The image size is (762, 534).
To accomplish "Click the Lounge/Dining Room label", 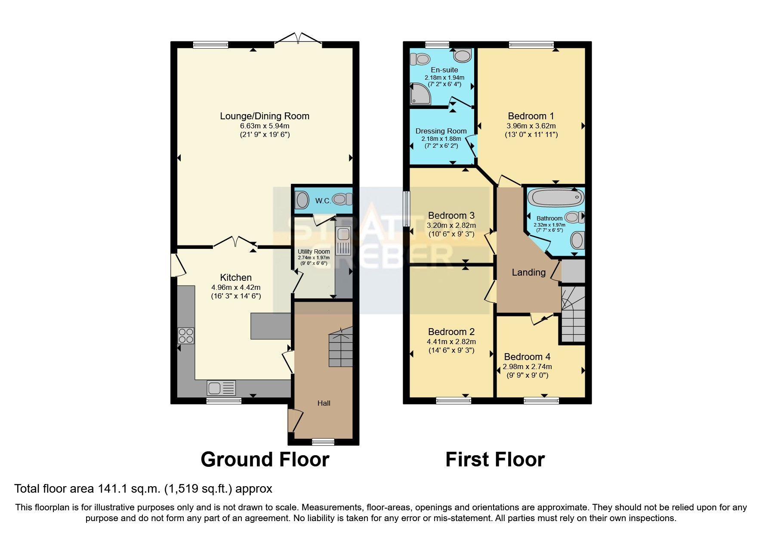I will point(265,116).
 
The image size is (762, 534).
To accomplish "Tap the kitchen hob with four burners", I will point(186,335).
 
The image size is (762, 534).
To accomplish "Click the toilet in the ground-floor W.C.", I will point(342,199).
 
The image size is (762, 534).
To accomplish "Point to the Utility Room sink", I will point(343,235).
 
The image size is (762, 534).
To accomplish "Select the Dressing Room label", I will point(441,131).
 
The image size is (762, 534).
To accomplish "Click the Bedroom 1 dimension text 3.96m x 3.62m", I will point(531,126).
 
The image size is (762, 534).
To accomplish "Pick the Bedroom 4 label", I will point(527,357).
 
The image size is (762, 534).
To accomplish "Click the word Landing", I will point(528,272).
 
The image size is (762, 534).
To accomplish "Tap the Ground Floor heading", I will point(265,459).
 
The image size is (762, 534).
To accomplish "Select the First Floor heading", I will point(495,459).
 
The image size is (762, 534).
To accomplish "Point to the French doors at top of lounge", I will point(298,40).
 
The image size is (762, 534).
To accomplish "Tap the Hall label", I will point(324,403).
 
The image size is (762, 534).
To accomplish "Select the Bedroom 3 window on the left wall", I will point(405,209).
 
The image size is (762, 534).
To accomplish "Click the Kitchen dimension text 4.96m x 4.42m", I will point(236,287).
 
